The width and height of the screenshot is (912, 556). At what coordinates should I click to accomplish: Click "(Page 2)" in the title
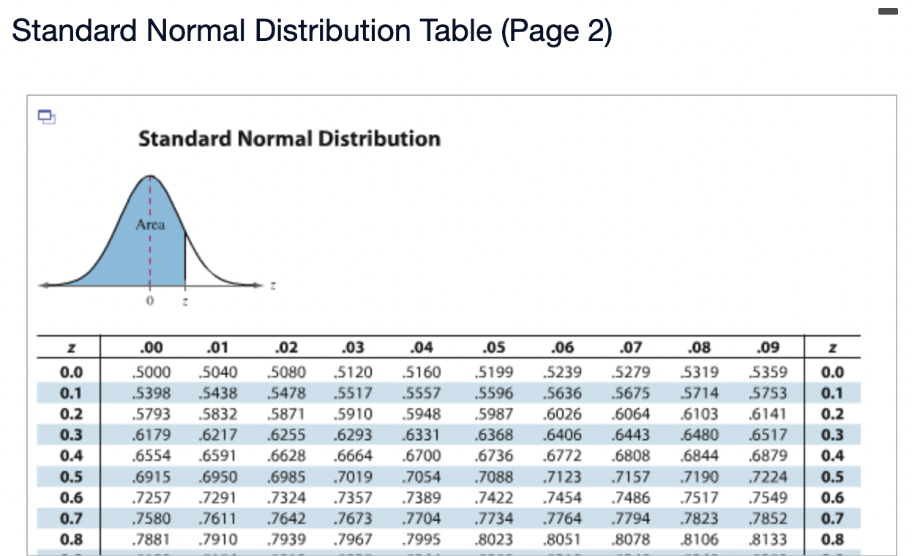click(556, 31)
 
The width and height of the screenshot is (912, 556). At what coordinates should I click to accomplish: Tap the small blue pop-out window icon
click(46, 116)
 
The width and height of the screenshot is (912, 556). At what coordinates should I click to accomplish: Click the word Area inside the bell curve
click(150, 225)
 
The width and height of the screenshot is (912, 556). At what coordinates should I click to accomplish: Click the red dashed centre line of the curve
click(150, 256)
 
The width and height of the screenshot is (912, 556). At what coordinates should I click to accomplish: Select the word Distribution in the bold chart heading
click(379, 138)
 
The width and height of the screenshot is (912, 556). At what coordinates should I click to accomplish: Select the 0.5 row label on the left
click(70, 477)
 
